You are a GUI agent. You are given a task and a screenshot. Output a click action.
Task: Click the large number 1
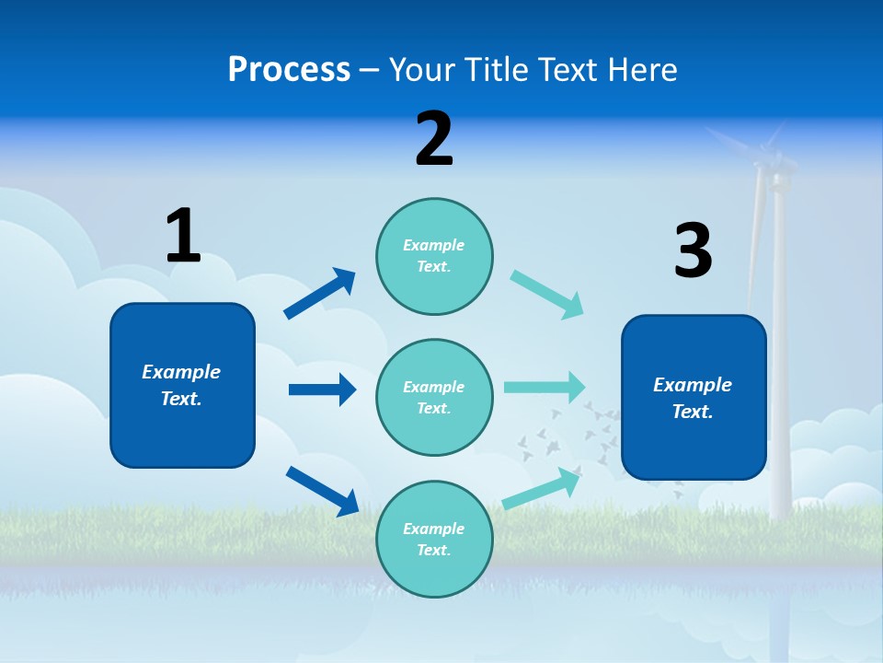(x=183, y=236)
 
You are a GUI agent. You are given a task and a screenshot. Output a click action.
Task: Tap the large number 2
(x=434, y=139)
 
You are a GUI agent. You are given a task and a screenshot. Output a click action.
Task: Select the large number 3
(x=693, y=251)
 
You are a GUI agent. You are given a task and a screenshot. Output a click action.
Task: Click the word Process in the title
(x=289, y=69)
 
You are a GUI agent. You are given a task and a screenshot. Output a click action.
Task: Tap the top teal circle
(x=434, y=256)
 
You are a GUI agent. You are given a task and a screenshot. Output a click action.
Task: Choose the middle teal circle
(x=434, y=398)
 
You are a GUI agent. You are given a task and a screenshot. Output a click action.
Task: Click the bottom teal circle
(x=434, y=540)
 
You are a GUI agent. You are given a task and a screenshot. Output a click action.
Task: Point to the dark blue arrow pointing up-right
(x=321, y=293)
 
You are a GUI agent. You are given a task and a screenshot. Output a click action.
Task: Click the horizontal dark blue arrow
(x=323, y=390)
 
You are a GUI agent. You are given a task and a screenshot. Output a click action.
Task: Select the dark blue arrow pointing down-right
(x=323, y=491)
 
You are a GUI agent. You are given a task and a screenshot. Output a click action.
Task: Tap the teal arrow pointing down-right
(x=548, y=295)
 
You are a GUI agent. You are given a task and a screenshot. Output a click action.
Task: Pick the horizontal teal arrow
(x=545, y=387)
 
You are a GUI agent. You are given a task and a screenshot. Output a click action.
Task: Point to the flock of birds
(x=575, y=433)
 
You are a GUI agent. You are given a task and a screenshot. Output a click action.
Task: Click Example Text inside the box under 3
(x=693, y=398)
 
